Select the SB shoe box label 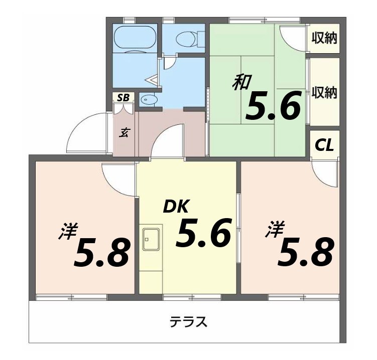[x=123, y=97]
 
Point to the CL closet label [x=324, y=145]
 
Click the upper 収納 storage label [x=324, y=38]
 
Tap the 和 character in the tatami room [x=241, y=82]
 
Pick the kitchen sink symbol [x=152, y=239]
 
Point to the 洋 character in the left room [x=68, y=233]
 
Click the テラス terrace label [x=188, y=321]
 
